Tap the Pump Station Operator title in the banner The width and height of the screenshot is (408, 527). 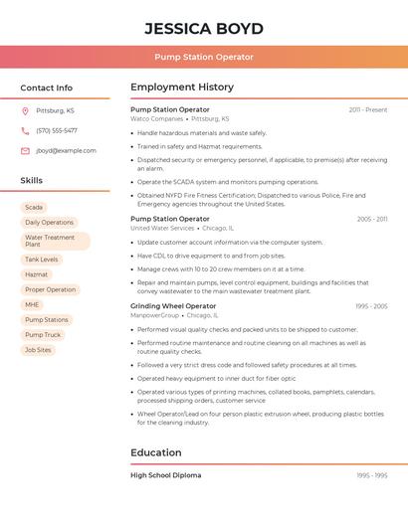(x=204, y=57)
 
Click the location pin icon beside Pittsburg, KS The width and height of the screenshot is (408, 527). (x=25, y=110)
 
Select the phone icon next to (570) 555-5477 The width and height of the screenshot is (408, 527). (x=25, y=130)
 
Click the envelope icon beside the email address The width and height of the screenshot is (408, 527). (x=25, y=150)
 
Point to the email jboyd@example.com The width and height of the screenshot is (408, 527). (x=66, y=150)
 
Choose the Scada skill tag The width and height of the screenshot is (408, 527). (x=34, y=207)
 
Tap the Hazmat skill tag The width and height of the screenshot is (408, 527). (x=37, y=274)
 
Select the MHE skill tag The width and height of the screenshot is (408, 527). (x=33, y=304)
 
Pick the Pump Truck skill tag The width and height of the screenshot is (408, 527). (x=43, y=335)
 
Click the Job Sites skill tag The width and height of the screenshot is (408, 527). (x=38, y=350)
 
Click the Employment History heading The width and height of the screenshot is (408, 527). (x=182, y=88)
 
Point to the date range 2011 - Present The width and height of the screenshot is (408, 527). (x=367, y=109)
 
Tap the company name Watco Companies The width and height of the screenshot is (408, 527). (x=157, y=118)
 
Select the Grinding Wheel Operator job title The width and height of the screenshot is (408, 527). (x=173, y=306)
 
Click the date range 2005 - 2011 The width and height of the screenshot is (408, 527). (x=371, y=219)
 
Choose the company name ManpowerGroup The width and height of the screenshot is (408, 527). (x=155, y=315)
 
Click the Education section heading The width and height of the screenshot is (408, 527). (x=155, y=452)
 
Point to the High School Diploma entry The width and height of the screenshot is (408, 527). (x=165, y=475)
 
